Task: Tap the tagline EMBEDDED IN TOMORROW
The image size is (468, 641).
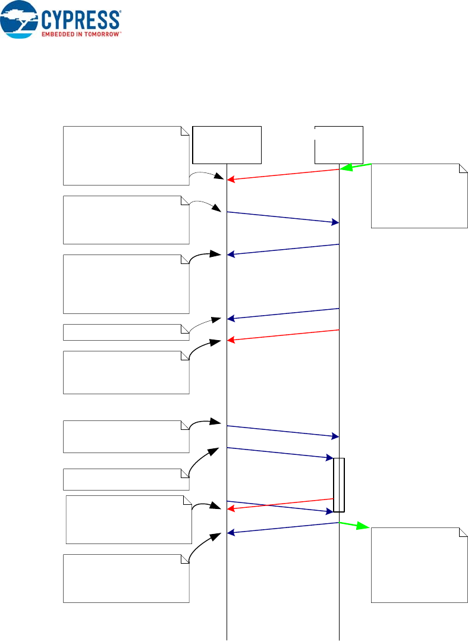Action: click(x=81, y=34)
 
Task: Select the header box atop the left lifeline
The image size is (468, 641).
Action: click(x=227, y=144)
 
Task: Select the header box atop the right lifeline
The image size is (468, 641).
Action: click(x=338, y=144)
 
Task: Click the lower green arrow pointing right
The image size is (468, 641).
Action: click(x=355, y=526)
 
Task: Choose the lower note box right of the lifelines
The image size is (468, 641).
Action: click(x=419, y=564)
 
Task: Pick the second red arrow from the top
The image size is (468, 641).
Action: click(x=283, y=335)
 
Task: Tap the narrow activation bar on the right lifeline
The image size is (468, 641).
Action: click(x=339, y=485)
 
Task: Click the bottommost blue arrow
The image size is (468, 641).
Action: click(x=283, y=527)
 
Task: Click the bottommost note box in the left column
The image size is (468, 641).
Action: click(x=125, y=578)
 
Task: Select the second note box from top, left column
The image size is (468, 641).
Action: click(x=125, y=219)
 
